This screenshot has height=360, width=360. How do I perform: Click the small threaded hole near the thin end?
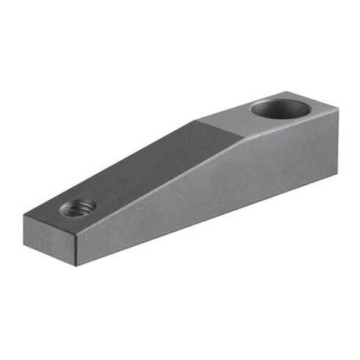tap(77, 208)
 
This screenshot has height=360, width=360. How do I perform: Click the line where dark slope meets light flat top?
tap(217, 132)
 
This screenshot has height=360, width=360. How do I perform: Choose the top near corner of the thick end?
tap(339, 109)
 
